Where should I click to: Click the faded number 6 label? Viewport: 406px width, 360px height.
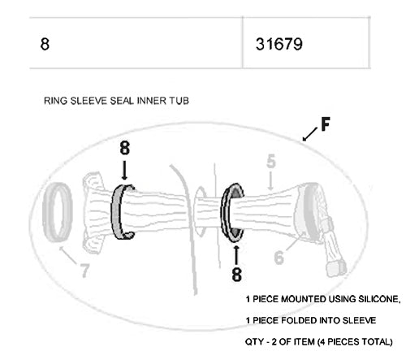[x=279, y=258]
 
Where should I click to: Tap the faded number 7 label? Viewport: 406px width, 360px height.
[x=84, y=271]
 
